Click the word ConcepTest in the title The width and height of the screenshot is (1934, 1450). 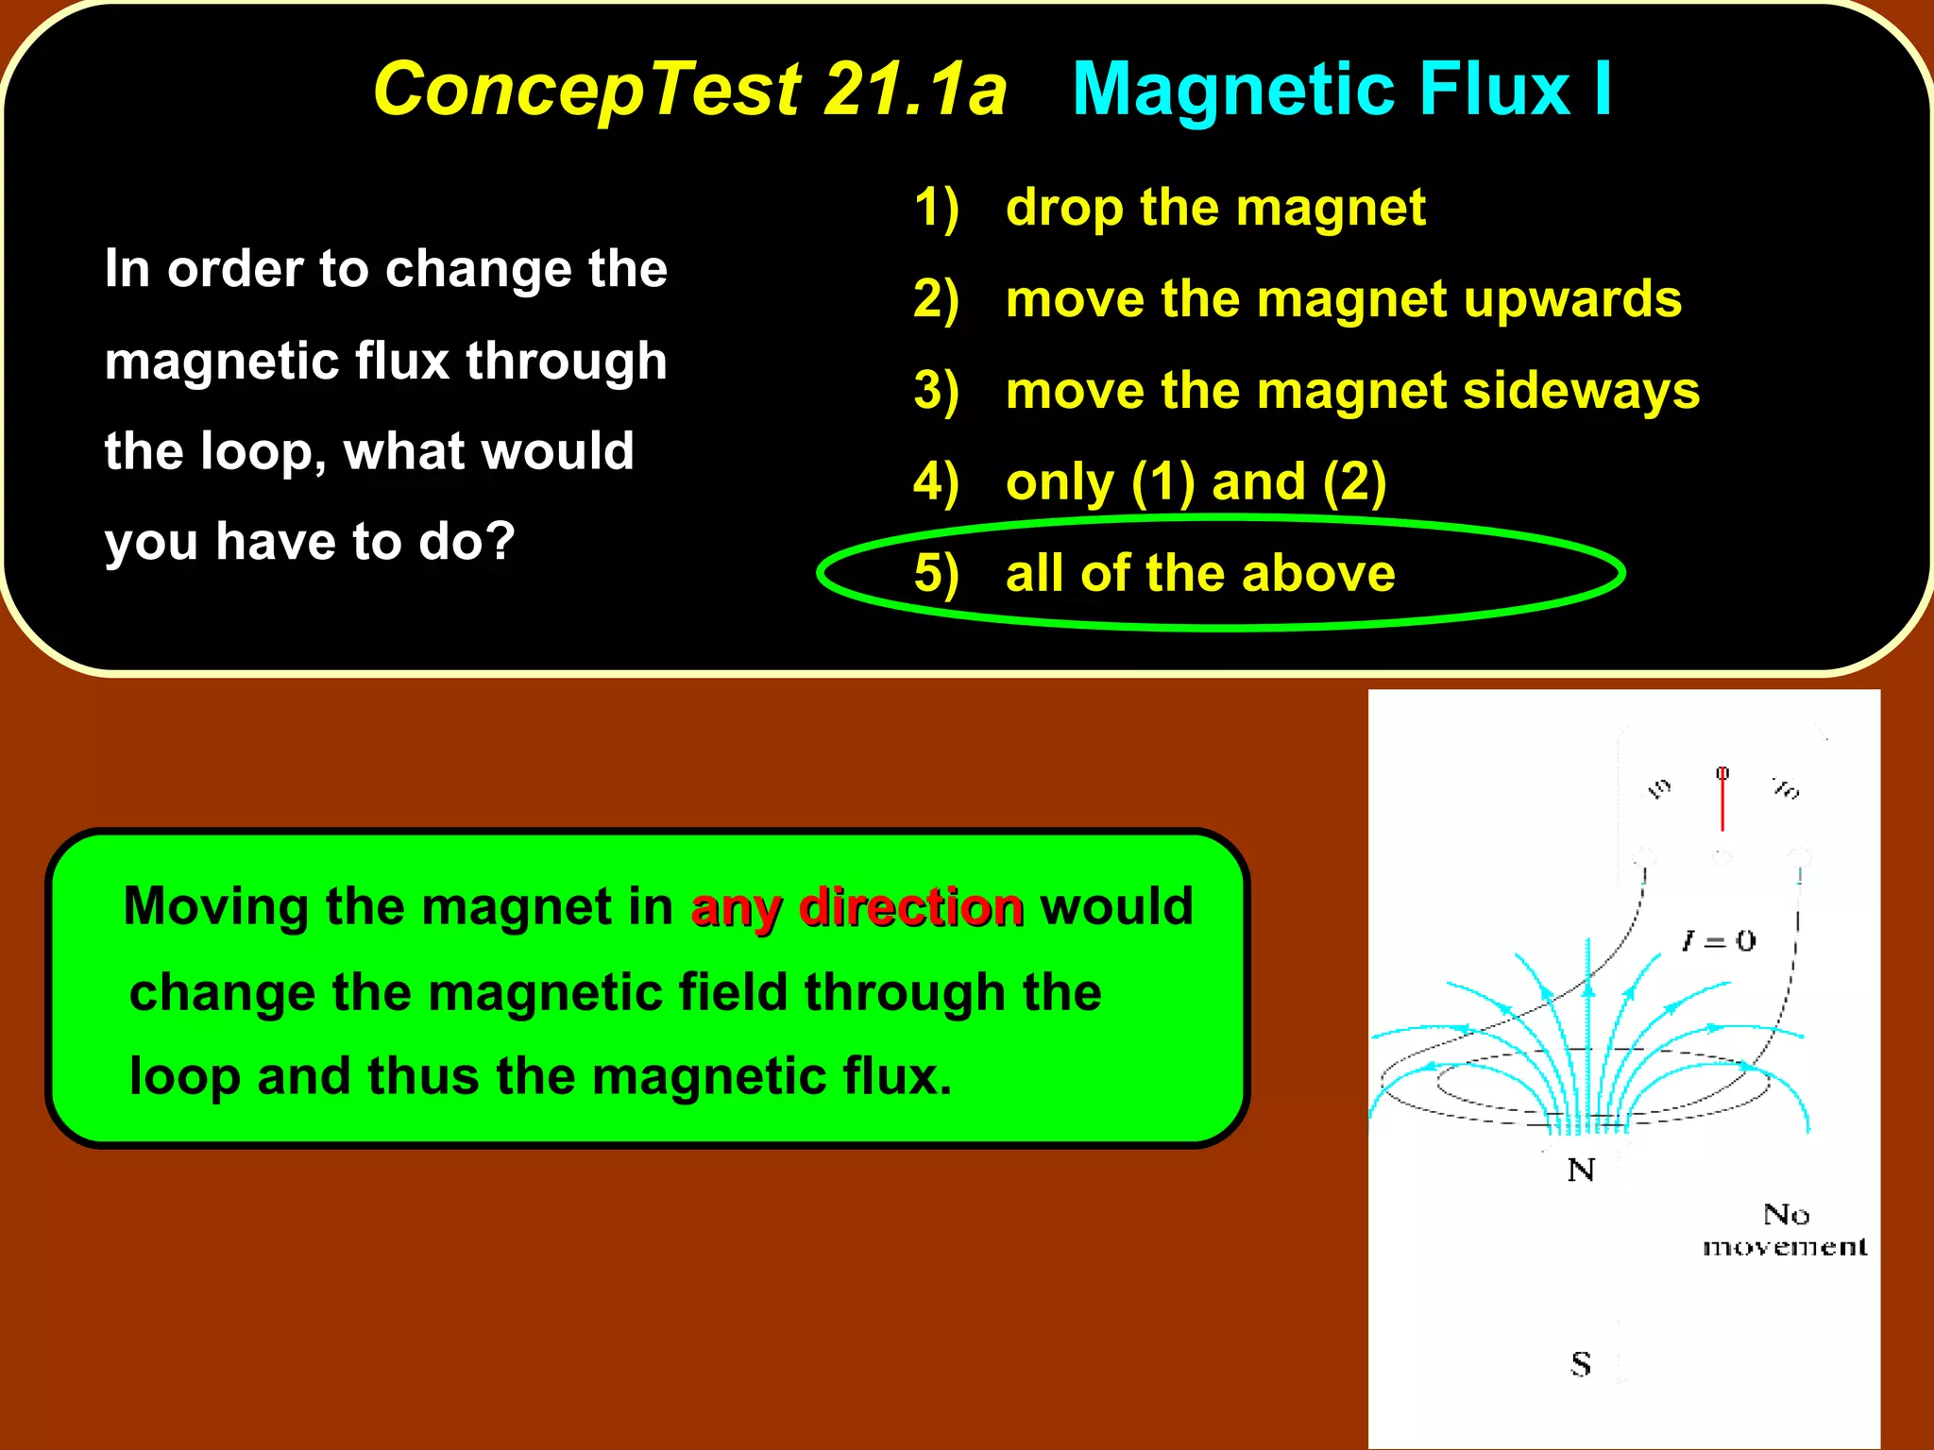tap(585, 90)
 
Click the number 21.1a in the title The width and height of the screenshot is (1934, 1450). tap(914, 90)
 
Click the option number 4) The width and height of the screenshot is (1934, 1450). tap(936, 481)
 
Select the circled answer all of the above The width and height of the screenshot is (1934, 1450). tap(1200, 573)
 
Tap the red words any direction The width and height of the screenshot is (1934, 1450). tap(857, 907)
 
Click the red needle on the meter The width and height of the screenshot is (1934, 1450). tap(1722, 802)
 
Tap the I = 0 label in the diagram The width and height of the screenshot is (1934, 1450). tap(1718, 940)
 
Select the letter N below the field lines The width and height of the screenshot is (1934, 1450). tap(1581, 1171)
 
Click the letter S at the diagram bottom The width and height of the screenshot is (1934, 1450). tap(1581, 1364)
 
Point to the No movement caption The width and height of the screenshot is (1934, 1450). tap(1785, 1230)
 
